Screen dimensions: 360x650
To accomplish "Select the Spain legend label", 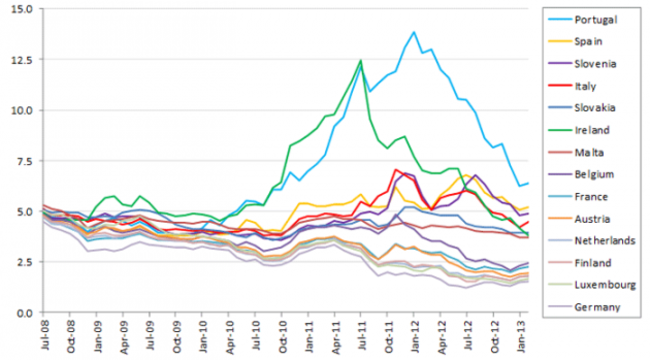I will [587, 42].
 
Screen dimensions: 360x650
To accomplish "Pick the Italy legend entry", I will [584, 86].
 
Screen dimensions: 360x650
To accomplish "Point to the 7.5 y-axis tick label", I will [22, 161].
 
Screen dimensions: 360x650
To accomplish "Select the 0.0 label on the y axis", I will [22, 313].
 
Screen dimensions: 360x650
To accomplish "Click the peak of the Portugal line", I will [413, 32].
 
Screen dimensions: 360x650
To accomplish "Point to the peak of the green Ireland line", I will [360, 60].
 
